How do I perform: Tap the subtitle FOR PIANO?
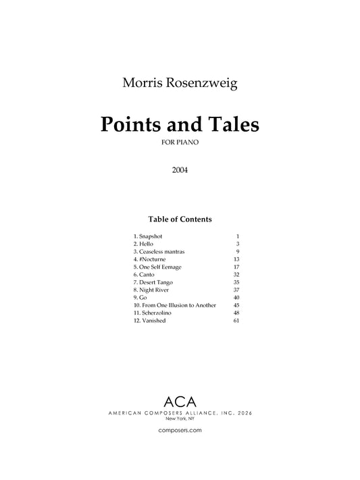tap(180, 143)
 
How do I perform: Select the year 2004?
tap(180, 170)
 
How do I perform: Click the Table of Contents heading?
tap(180, 219)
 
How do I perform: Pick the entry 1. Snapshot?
tap(148, 236)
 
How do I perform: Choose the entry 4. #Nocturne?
tap(150, 259)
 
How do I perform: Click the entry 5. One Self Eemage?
tap(157, 267)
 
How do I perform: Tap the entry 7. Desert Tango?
tap(153, 282)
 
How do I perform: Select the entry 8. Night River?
tap(151, 290)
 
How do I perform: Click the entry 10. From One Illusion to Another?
tap(175, 305)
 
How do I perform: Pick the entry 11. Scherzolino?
tap(151, 313)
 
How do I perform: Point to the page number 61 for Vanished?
tap(236, 321)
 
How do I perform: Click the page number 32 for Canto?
tap(236, 274)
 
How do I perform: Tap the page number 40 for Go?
tap(236, 298)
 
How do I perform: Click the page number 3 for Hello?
tap(238, 243)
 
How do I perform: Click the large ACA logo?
tap(180, 400)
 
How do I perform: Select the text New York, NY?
tap(180, 419)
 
